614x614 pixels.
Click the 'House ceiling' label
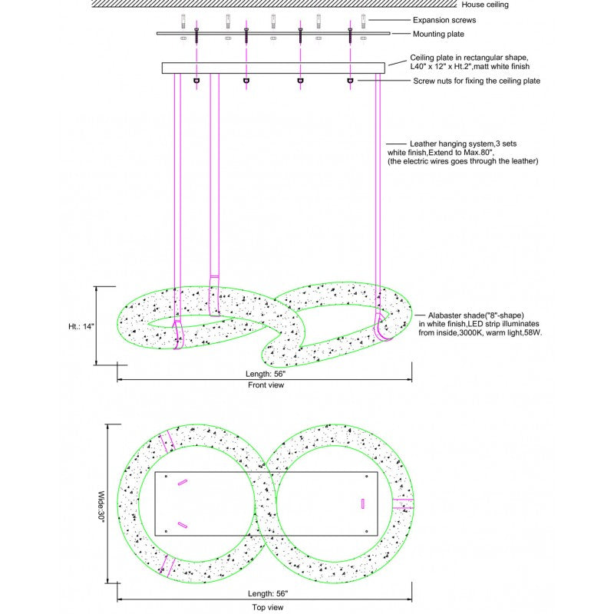click(x=485, y=5)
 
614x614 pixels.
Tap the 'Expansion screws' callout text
click(x=444, y=20)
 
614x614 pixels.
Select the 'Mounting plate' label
click(x=438, y=34)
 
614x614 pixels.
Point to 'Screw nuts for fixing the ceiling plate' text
click(x=477, y=81)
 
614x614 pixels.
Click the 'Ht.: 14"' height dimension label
click(x=81, y=326)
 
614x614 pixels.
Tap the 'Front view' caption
click(x=266, y=385)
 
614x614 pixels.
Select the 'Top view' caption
click(x=267, y=607)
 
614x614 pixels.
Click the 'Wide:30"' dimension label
click(x=101, y=507)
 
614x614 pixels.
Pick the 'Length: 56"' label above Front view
click(x=266, y=374)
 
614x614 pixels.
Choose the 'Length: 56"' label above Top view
click(x=268, y=593)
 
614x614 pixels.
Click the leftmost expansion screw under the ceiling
click(x=183, y=21)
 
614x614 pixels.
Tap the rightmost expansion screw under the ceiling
click(x=363, y=21)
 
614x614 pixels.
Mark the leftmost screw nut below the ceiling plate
click(x=196, y=81)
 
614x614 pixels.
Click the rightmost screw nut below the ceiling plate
click(x=350, y=81)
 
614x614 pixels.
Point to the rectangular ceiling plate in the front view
click(x=273, y=68)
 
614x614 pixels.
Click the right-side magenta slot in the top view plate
click(x=363, y=503)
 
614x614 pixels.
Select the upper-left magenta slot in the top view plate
click(x=183, y=483)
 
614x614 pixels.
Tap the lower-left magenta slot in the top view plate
click(x=183, y=525)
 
